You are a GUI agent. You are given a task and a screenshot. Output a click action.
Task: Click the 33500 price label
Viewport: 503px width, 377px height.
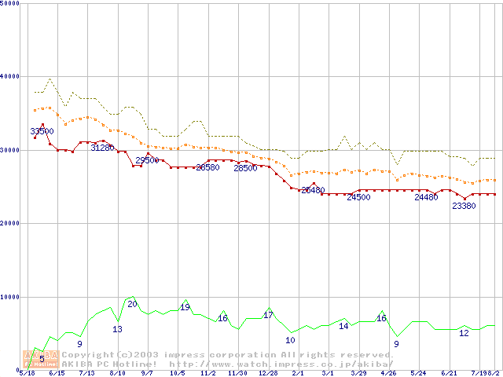coord(42,131)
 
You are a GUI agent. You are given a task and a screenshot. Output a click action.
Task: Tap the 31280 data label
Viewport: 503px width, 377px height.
coord(102,148)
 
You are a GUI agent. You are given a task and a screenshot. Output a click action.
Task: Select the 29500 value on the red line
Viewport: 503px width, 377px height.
coord(147,160)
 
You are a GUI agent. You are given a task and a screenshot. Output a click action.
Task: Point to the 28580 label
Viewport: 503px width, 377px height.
coord(207,167)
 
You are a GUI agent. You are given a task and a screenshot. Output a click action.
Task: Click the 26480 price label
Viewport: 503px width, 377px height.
coord(313,190)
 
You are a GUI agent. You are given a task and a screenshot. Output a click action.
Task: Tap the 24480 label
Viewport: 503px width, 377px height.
coord(426,197)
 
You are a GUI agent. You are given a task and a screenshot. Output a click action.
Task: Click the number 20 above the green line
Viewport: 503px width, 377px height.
coord(132,304)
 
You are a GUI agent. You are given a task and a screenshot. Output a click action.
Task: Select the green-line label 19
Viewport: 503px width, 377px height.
coord(185,307)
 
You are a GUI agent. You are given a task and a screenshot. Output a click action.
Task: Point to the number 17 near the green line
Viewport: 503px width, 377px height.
coord(268,315)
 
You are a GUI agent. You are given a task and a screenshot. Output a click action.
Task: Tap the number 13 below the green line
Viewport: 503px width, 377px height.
coord(117,329)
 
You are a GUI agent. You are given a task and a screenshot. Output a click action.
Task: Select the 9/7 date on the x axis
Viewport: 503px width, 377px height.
coord(147,373)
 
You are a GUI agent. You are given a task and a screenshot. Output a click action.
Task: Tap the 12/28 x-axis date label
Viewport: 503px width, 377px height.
coord(268,373)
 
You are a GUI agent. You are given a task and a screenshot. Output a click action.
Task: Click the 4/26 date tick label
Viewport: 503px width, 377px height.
coord(388,373)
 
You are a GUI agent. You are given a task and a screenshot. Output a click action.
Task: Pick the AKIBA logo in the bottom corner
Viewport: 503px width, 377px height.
coord(42,359)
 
